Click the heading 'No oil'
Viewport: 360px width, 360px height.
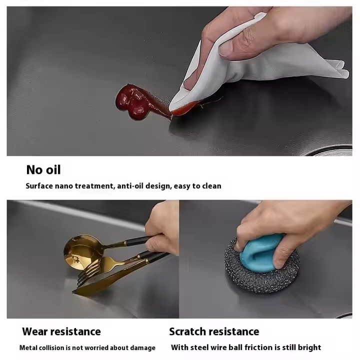pyautogui.click(x=43, y=170)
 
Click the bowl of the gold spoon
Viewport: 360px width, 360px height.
pyautogui.click(x=81, y=251)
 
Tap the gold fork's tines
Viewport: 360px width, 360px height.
pyautogui.click(x=89, y=273)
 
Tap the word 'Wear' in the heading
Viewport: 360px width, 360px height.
pyautogui.click(x=35, y=331)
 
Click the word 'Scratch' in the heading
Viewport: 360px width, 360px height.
pyautogui.click(x=187, y=331)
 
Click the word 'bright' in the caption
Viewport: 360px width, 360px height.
pyautogui.click(x=309, y=347)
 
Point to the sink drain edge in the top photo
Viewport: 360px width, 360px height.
pyautogui.click(x=330, y=150)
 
